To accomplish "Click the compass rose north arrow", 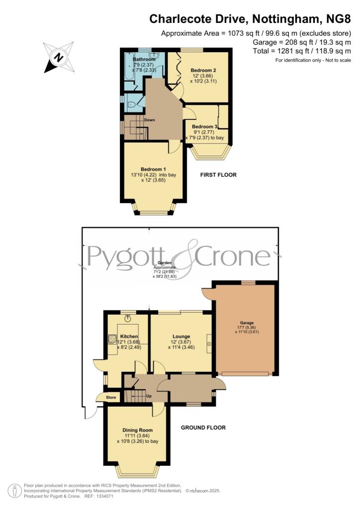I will tap(58, 58).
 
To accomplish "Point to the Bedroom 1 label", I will tap(153, 169).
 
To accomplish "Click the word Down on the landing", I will tap(150, 120).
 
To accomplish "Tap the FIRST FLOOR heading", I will tap(218, 175).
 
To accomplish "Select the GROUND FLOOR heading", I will tap(203, 427).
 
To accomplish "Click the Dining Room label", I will tap(138, 430).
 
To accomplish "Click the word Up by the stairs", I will tap(148, 396).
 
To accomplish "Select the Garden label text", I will tap(165, 262).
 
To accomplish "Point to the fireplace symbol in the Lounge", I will tap(209, 343).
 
